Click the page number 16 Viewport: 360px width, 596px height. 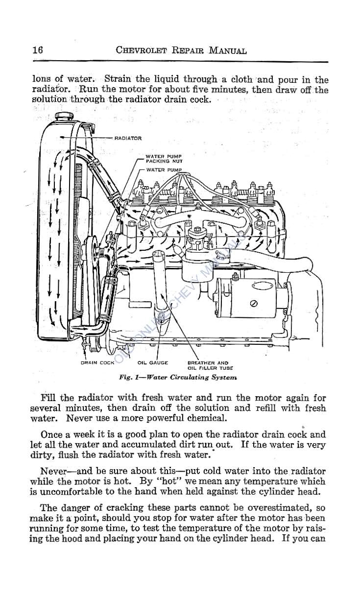point(38,50)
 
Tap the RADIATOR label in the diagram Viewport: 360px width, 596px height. point(128,138)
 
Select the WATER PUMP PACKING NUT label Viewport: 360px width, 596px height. point(164,159)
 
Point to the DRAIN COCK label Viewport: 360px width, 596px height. point(97,363)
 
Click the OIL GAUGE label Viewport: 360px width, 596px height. point(153,363)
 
